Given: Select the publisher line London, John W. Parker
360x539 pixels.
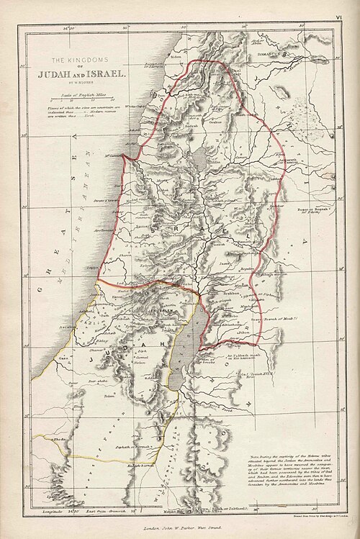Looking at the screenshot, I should tap(189, 528).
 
